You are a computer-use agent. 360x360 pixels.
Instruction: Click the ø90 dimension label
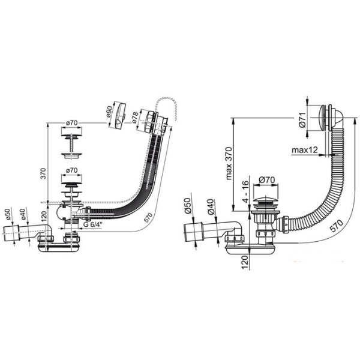coord(109,112)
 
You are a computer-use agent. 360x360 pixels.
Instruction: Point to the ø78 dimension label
coord(135,118)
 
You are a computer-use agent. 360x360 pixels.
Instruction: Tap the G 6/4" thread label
coord(92,224)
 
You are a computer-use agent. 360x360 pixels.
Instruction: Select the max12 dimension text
coord(305,150)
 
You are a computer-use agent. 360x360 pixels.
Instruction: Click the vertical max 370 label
coord(229,163)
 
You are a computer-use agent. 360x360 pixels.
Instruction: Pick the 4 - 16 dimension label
coord(245,192)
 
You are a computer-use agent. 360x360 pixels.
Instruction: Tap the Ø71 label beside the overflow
coord(302,119)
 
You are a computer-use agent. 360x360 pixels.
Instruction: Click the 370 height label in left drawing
coord(43,173)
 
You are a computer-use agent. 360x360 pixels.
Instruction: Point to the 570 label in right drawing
coord(336,226)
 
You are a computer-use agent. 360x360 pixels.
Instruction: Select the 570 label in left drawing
coord(148,217)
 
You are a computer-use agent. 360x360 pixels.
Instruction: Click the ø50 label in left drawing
coord(8,214)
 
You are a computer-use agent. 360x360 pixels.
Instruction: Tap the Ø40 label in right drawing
coord(211,206)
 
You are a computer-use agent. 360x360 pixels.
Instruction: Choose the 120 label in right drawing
coord(245,262)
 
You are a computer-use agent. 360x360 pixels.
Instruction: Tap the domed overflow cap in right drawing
coord(331,118)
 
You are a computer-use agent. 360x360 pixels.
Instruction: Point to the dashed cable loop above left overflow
coord(166,107)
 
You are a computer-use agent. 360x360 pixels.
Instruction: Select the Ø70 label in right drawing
coord(267,180)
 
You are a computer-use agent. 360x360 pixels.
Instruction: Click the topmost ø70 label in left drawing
coord(71,123)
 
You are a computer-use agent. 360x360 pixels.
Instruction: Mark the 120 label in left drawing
coord(44,215)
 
